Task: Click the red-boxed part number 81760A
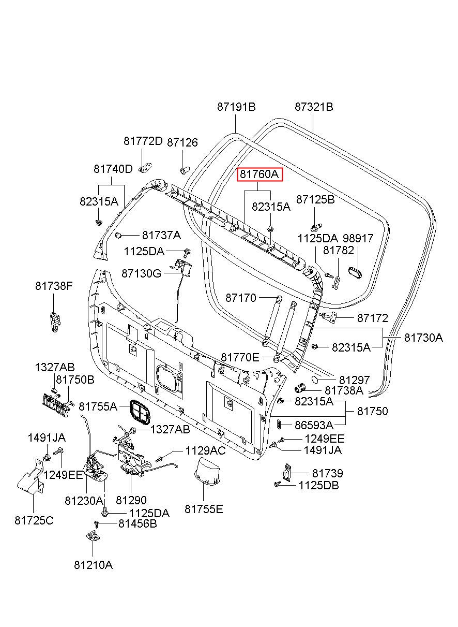click(x=259, y=174)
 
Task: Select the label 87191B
click(x=236, y=107)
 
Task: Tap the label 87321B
click(x=314, y=107)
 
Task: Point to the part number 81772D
click(x=143, y=141)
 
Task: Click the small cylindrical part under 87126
click(x=185, y=170)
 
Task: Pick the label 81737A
click(x=161, y=235)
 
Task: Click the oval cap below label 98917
click(x=355, y=272)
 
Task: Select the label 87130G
click(x=142, y=273)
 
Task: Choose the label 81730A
click(x=424, y=338)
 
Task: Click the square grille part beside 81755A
click(x=140, y=413)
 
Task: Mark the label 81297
click(x=354, y=380)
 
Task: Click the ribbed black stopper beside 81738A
click(x=300, y=388)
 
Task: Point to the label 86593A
click(x=314, y=425)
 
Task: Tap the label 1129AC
click(x=205, y=450)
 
